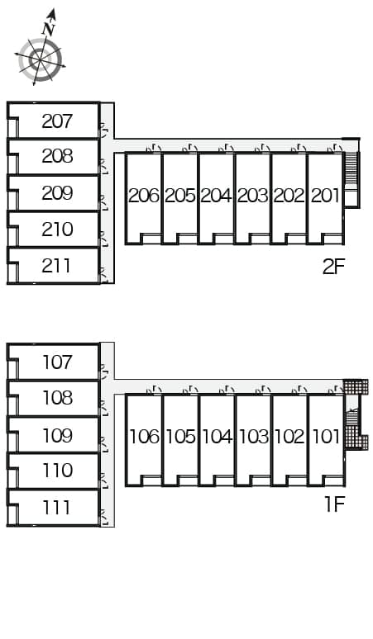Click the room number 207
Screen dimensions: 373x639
click(x=57, y=121)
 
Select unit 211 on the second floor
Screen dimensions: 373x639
click(x=57, y=266)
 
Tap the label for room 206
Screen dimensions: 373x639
click(x=144, y=196)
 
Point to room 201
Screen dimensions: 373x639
click(x=325, y=196)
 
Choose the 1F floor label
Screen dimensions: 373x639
click(x=335, y=504)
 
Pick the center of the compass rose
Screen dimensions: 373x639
click(x=41, y=60)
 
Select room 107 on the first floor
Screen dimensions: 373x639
click(x=57, y=362)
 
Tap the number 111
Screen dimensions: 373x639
click(x=56, y=508)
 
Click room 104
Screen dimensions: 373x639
click(x=218, y=437)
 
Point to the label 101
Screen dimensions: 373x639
click(x=326, y=437)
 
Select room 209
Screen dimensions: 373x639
click(x=57, y=193)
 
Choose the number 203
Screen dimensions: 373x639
click(x=252, y=196)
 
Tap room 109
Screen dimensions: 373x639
click(x=57, y=435)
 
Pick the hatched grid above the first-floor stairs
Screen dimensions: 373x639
click(x=356, y=386)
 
